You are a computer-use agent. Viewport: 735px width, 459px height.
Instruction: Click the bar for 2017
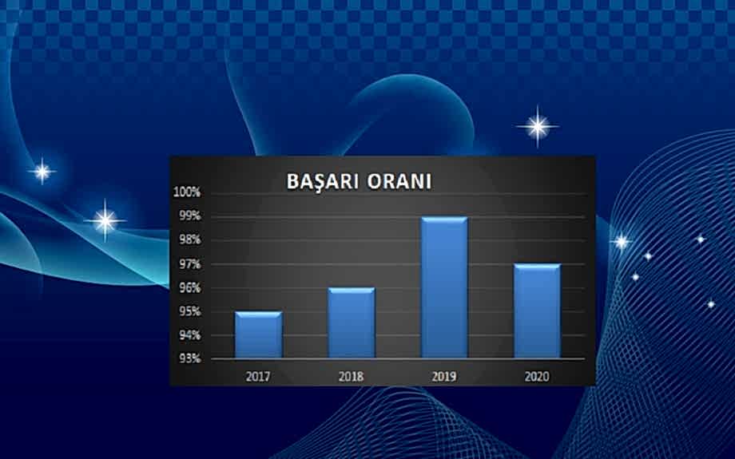click(258, 335)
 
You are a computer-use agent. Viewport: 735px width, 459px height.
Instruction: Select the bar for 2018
click(351, 323)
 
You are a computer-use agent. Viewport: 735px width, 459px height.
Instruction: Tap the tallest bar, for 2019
click(444, 287)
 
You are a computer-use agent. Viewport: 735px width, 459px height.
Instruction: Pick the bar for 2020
click(537, 311)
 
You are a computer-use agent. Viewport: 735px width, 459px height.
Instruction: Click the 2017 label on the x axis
click(258, 374)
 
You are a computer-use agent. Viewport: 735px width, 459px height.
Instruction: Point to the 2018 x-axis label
click(351, 374)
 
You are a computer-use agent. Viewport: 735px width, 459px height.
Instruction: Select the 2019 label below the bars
click(444, 374)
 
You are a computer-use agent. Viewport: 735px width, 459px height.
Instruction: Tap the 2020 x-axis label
click(537, 374)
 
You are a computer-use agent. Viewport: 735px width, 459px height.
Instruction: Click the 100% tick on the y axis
click(189, 192)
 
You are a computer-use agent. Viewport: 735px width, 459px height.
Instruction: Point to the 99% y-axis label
click(190, 216)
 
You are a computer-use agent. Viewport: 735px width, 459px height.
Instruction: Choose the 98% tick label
click(190, 240)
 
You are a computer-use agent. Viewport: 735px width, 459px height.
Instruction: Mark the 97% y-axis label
click(190, 264)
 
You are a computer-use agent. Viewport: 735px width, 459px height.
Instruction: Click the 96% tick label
click(190, 288)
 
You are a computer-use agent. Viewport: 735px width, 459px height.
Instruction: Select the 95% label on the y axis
click(190, 311)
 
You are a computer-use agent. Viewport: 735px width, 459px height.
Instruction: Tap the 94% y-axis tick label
click(190, 335)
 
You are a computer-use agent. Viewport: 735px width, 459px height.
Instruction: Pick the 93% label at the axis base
click(190, 358)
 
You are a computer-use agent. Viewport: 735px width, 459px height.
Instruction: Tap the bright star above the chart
click(538, 126)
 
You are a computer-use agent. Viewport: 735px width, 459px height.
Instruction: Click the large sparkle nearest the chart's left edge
click(105, 220)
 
